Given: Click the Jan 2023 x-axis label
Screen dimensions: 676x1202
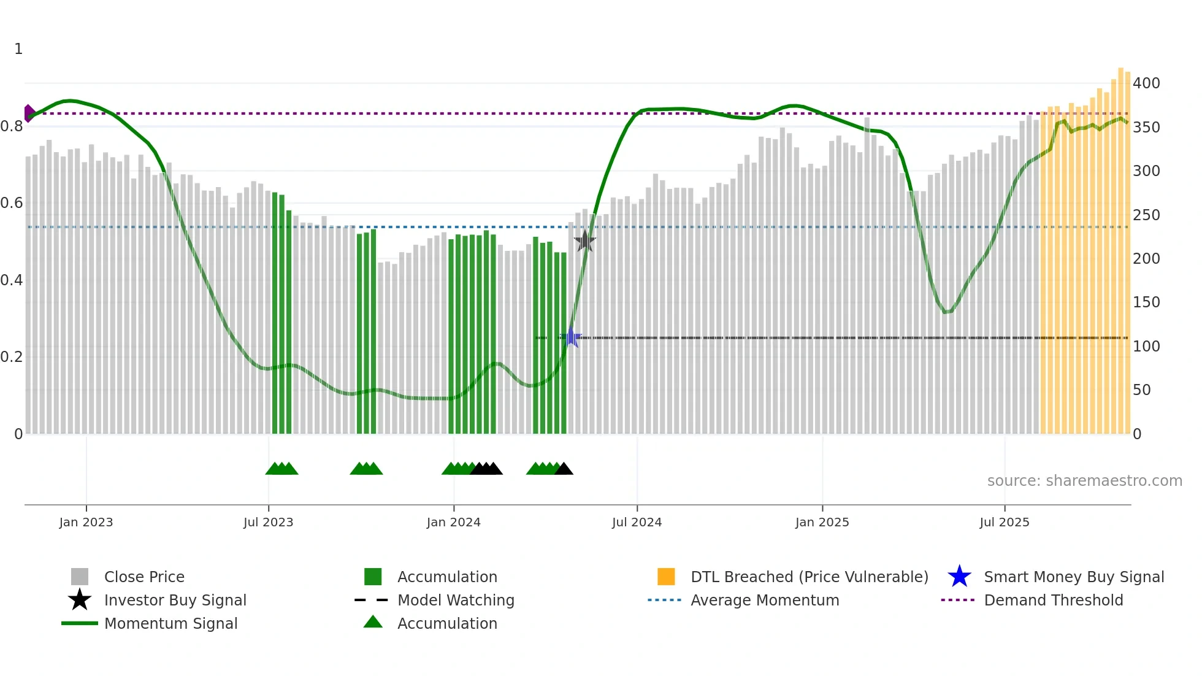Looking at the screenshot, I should tap(86, 522).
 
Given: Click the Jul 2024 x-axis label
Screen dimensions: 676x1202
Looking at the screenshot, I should tap(637, 522).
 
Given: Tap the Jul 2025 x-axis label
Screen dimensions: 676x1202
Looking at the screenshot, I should tap(1004, 522).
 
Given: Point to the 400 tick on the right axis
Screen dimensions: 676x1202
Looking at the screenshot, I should tap(1146, 83).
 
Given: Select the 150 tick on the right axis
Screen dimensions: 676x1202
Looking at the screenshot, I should tap(1146, 302).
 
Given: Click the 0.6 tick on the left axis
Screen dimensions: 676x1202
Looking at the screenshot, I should tap(12, 203).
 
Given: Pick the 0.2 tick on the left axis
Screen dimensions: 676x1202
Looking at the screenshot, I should tap(12, 357).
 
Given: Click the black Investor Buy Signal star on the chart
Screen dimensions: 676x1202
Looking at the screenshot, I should tap(585, 241).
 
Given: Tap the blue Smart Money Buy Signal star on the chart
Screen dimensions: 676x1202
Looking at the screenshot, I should tap(572, 337).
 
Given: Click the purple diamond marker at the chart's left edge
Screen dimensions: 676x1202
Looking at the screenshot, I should tap(29, 113).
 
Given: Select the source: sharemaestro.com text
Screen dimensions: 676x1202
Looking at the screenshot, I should tap(1084, 481).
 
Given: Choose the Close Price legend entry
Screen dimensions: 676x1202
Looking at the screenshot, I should tap(144, 577).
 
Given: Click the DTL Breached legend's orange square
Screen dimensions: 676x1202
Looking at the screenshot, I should tap(666, 577).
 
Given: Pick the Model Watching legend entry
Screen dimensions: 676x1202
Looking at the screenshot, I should tap(456, 600).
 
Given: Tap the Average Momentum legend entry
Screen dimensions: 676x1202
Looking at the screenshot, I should tap(765, 600).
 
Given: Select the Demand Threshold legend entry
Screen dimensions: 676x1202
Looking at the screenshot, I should tap(1053, 600).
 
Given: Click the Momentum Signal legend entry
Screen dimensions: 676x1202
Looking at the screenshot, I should tap(170, 623).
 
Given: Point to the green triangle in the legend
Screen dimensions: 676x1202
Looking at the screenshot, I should tap(373, 623).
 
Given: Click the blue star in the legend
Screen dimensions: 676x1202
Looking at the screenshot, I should tap(959, 577).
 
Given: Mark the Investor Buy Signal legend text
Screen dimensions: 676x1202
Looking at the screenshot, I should tap(175, 600).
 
